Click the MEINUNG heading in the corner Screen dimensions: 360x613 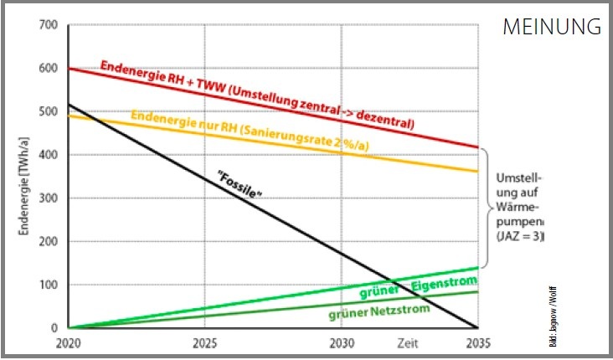coord(552,26)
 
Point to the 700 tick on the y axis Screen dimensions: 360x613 coord(49,24)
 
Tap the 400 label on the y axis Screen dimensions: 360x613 coord(49,155)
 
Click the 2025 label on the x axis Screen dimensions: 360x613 coord(204,343)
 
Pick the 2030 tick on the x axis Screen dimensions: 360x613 coord(342,343)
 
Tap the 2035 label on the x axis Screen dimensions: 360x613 coord(477,343)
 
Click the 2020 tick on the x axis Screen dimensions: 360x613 coord(69,343)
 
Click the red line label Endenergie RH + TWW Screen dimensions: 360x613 coord(256,95)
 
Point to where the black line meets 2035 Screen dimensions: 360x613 coord(477,327)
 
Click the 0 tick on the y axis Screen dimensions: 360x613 coord(55,328)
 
